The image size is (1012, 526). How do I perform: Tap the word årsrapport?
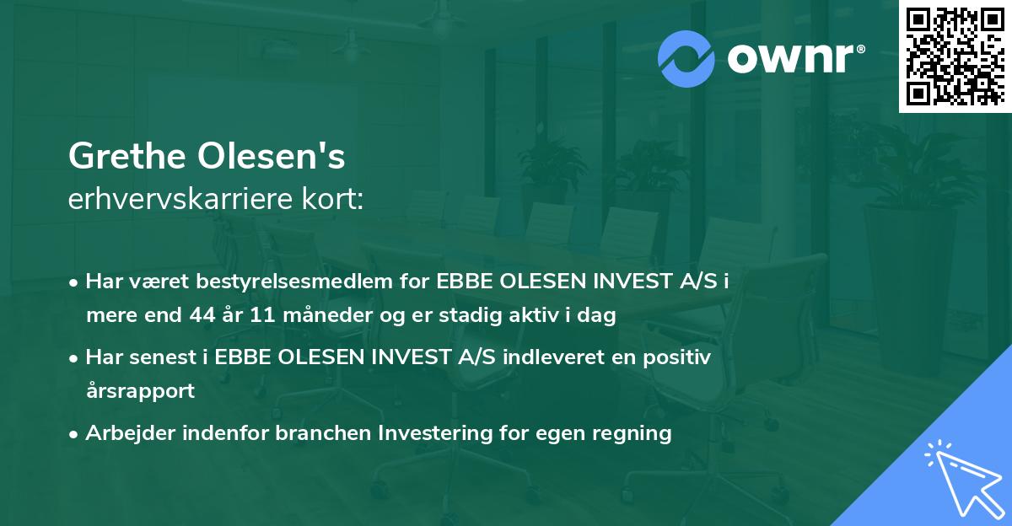click(140, 391)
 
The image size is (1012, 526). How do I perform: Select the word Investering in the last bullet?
click(432, 433)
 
